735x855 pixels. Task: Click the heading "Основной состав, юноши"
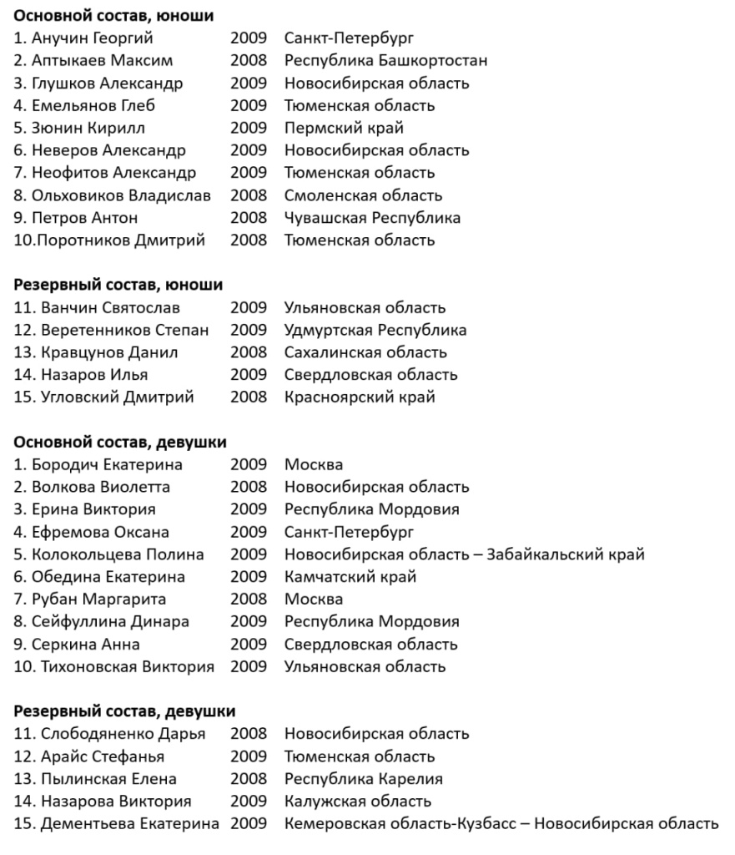(113, 16)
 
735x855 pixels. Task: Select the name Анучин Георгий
(92, 38)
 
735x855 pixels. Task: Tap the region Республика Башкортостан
(385, 61)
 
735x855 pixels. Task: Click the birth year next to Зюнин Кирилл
(249, 129)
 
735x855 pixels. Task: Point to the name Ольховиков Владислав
(121, 195)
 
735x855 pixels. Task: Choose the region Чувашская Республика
(372, 218)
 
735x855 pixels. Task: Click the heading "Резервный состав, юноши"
(118, 286)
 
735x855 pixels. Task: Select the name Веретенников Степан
(124, 331)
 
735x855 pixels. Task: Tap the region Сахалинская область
(365, 353)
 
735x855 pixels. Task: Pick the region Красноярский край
(360, 397)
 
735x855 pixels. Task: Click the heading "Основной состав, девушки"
(120, 443)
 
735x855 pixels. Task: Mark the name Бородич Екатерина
(107, 465)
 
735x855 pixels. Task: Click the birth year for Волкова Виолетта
(249, 488)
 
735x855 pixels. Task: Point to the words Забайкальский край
(566, 554)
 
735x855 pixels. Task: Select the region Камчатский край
(350, 577)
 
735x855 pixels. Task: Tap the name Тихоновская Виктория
(123, 667)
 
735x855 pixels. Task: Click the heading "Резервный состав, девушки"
(124, 711)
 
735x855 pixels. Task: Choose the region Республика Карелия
(364, 779)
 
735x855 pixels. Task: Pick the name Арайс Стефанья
(102, 756)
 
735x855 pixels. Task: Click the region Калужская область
(358, 802)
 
